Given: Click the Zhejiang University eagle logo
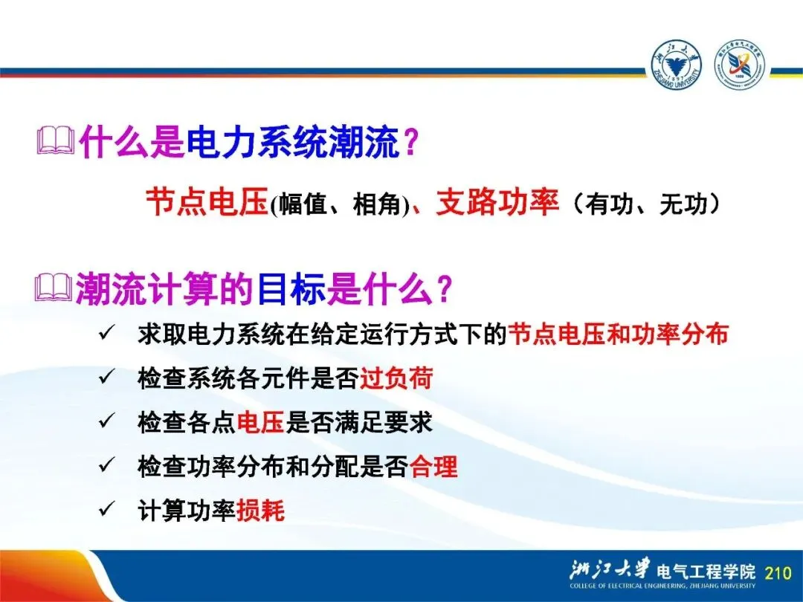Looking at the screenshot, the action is pos(677,65).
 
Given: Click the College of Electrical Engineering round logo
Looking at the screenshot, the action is pos(740,65).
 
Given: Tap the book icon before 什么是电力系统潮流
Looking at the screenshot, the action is pos(56,141).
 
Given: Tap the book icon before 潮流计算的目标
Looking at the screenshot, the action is pos(54,289).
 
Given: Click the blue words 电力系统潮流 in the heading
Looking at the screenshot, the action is pos(293,141).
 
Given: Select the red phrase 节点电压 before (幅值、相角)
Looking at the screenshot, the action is pos(207,202).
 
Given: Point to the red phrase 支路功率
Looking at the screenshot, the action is pos(497,202).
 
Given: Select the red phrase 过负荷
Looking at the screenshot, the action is pos(396,378).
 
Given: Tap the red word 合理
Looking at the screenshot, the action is pos(433,466).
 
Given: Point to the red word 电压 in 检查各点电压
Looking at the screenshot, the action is pos(261,422).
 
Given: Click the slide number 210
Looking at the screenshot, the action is pos(778,572).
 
